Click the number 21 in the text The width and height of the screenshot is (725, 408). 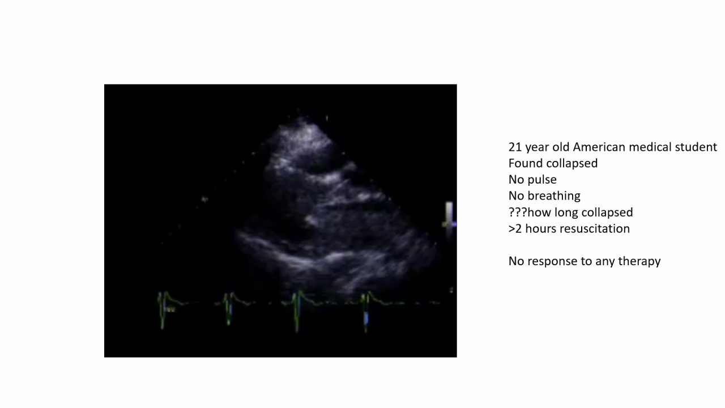515,147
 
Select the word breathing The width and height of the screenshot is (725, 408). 554,196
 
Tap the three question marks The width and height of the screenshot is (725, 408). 518,212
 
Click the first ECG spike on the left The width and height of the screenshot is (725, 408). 163,310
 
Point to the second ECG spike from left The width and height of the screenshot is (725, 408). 229,309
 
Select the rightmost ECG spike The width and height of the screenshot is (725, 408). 366,312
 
